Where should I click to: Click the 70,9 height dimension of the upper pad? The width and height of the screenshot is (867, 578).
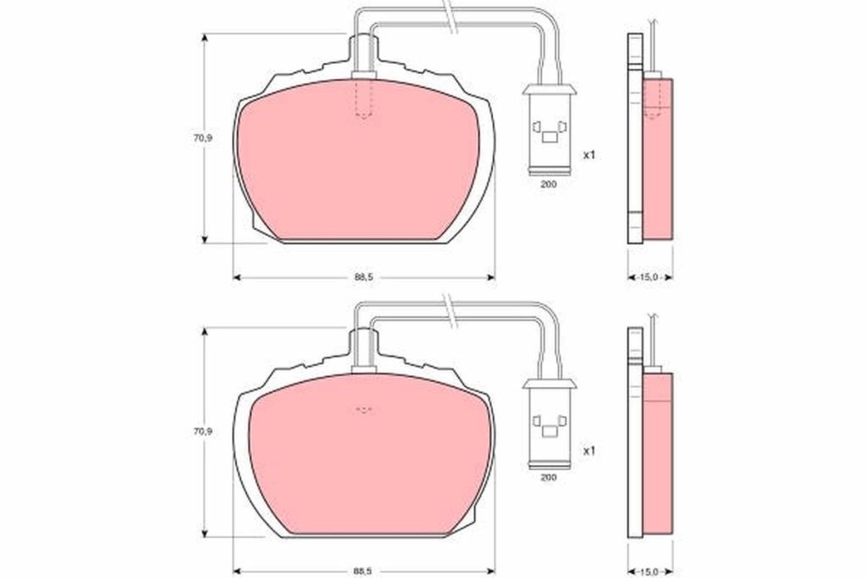click(202, 138)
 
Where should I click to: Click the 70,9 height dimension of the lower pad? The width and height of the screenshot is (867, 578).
click(202, 431)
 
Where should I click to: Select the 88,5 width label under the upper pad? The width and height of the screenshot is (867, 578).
click(364, 277)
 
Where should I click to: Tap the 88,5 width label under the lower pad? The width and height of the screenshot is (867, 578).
click(364, 571)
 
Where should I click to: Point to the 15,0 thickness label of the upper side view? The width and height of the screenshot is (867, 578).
click(649, 277)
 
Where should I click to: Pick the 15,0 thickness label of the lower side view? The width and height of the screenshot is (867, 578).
click(649, 571)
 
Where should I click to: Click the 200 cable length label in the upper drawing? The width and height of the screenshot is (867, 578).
click(548, 185)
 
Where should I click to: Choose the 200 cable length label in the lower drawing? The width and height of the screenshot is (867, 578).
click(548, 477)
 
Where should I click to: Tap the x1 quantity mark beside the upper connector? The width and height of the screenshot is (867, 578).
click(589, 156)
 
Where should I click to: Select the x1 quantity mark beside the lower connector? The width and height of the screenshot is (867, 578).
click(589, 451)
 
